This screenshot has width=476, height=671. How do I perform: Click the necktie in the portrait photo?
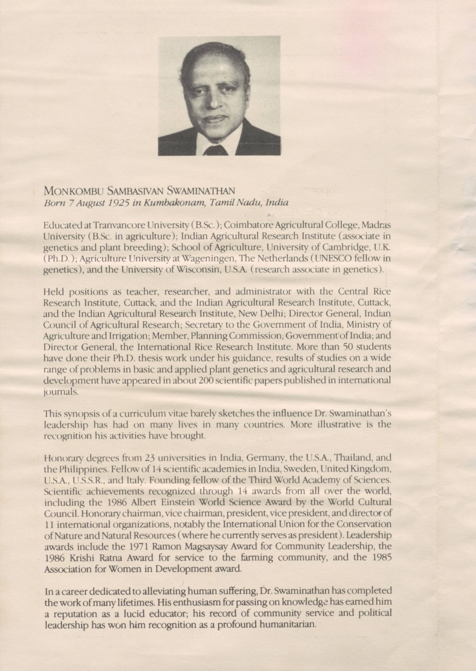[x=216, y=151]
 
